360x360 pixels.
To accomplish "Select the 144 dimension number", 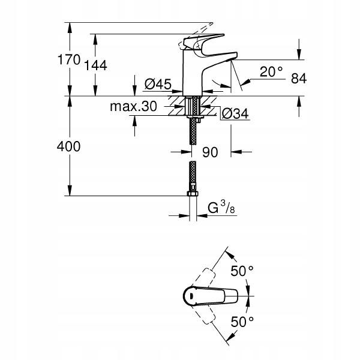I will (97, 66).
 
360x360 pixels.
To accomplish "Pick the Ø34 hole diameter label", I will (235, 113).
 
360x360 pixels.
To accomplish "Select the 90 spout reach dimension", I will (209, 152).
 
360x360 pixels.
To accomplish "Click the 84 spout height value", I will (298, 78).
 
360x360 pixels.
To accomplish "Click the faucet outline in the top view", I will (210, 296).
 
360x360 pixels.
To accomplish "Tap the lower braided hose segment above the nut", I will (192, 178).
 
